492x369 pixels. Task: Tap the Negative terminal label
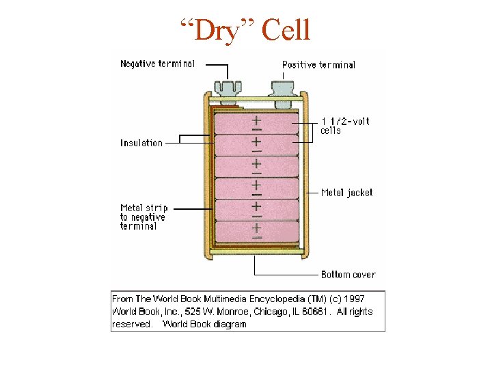157,64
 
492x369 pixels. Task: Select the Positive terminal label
318,65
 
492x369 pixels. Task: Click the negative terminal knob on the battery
227,90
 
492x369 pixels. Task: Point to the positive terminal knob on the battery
282,89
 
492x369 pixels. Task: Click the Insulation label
141,143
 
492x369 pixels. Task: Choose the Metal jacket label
346,193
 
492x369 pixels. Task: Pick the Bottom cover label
348,274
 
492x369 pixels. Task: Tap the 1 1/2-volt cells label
344,126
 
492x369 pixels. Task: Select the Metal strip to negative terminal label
143,217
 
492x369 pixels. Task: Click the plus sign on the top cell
256,119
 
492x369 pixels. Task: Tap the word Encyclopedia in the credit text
277,299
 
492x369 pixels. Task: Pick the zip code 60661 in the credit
316,312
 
